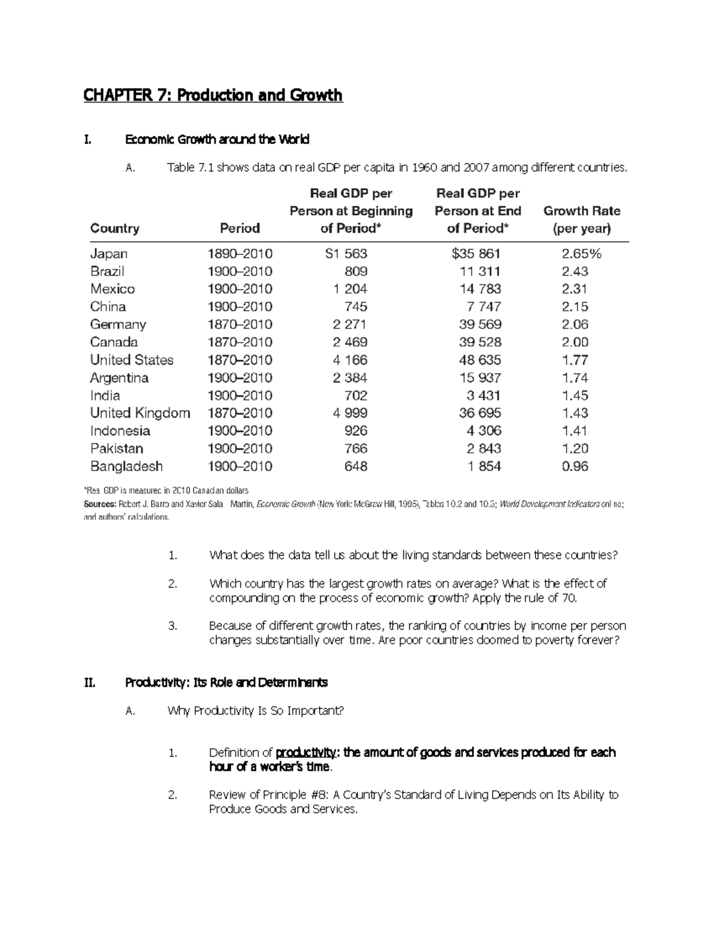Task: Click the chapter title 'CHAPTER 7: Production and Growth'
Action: coord(212,95)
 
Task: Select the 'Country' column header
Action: coord(115,229)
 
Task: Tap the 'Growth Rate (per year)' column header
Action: coord(581,220)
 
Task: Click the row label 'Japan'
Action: coord(109,254)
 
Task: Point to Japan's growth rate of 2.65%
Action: coord(581,254)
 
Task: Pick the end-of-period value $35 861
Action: coord(476,254)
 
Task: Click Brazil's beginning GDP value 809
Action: coord(356,272)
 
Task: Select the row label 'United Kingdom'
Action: coord(140,413)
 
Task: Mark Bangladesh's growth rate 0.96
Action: coord(575,466)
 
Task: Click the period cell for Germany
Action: coord(240,325)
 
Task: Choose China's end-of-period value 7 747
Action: coord(484,307)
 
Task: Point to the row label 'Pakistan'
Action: coord(117,449)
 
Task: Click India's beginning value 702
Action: coord(356,395)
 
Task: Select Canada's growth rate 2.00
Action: coord(575,342)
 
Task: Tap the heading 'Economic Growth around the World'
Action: coord(217,140)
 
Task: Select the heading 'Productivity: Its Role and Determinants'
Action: coord(226,683)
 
